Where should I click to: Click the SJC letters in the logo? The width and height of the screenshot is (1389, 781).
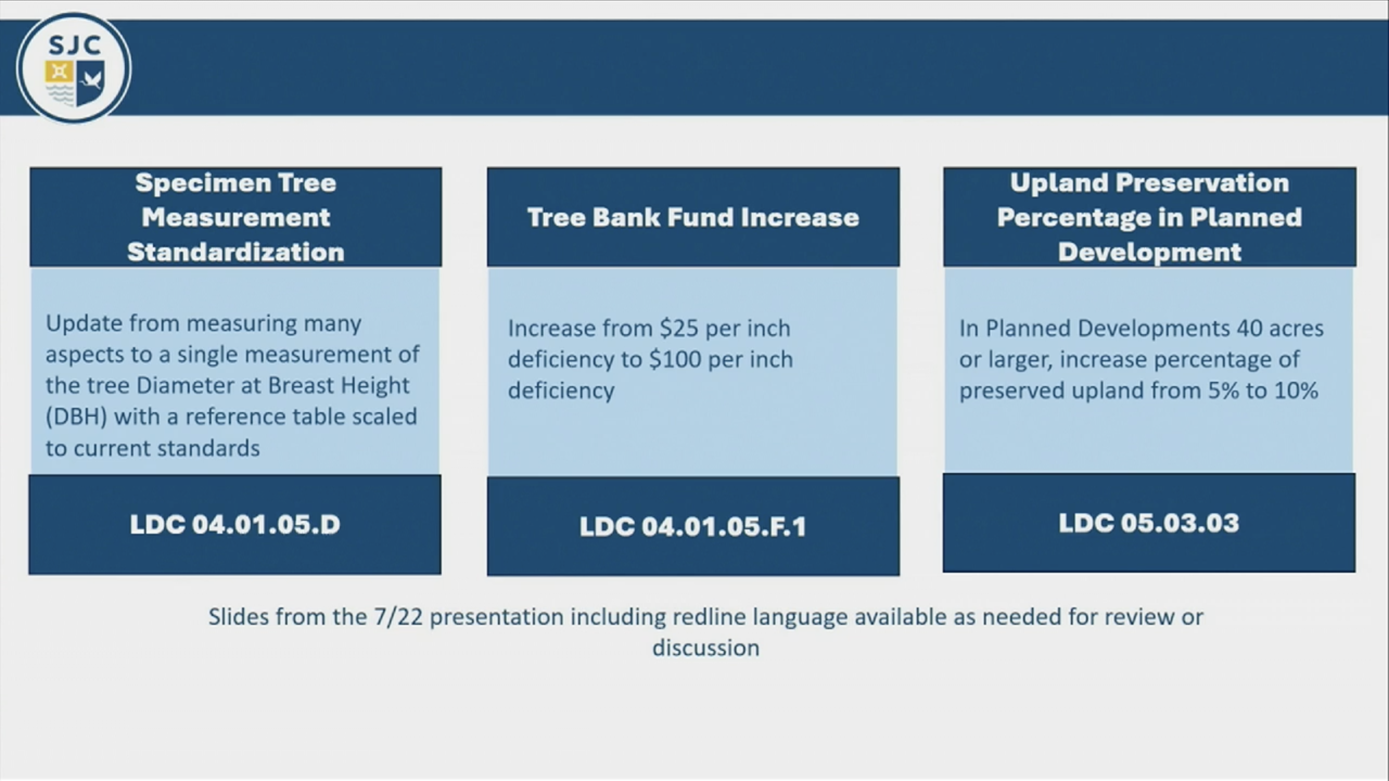click(74, 45)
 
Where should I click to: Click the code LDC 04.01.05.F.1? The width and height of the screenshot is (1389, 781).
click(693, 527)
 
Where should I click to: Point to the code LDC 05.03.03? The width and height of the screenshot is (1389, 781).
click(1149, 523)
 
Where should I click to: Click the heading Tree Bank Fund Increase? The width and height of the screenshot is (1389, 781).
click(693, 217)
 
